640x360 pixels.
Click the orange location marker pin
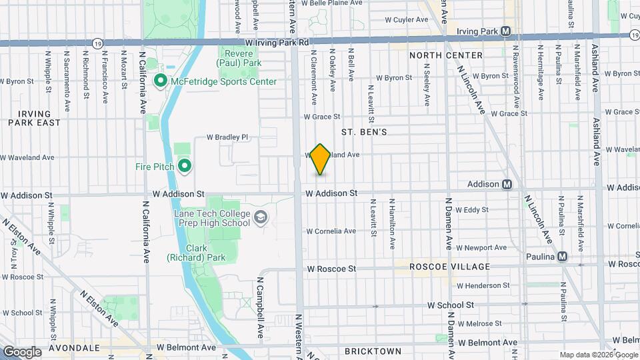321,159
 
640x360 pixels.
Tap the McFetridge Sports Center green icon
161,81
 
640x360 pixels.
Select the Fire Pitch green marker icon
184,166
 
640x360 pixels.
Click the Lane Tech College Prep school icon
261,218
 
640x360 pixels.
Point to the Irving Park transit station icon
506,31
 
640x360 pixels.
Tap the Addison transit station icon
507,184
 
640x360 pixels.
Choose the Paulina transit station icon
563,257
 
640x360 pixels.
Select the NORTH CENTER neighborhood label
446,55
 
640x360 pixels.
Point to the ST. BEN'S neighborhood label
364,133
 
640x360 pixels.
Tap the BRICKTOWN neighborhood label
373,351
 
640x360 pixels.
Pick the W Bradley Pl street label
227,137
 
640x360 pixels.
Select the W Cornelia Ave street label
331,231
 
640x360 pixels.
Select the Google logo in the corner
22,351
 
